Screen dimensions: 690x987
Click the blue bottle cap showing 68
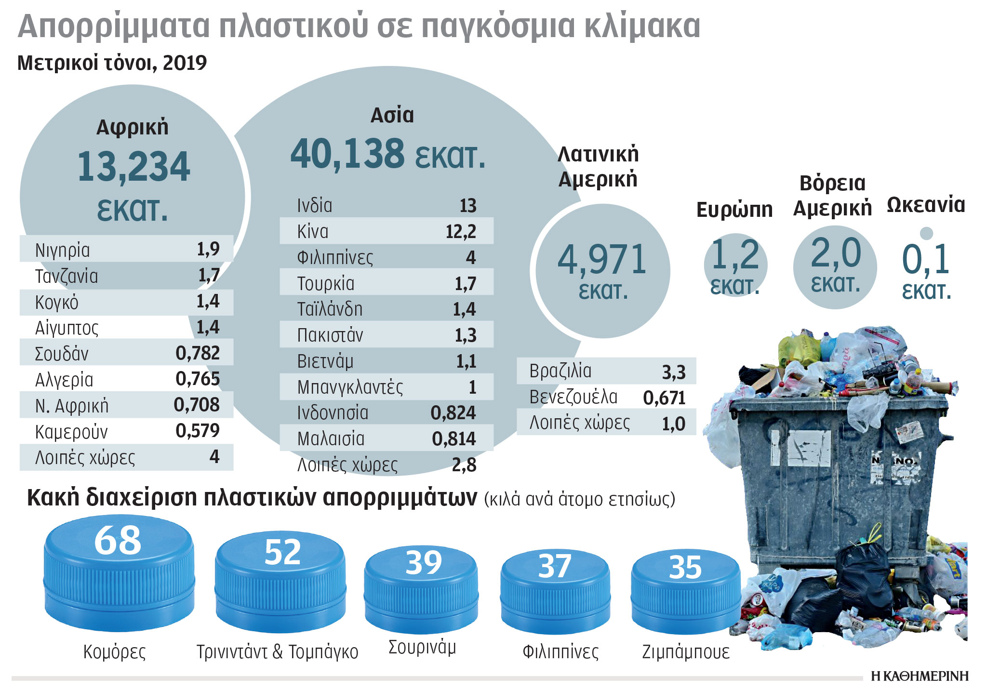pyautogui.click(x=119, y=573)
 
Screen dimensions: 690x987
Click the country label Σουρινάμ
pyautogui.click(x=422, y=647)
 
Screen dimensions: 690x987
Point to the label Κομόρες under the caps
pyautogui.click(x=114, y=651)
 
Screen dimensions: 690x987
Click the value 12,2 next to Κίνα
pyautogui.click(x=460, y=232)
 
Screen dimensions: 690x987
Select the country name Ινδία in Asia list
pyautogui.click(x=314, y=206)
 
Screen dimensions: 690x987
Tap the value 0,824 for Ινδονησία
pyautogui.click(x=453, y=413)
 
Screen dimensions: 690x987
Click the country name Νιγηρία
pyautogui.click(x=62, y=250)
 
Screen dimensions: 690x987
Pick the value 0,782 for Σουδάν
pyautogui.click(x=198, y=353)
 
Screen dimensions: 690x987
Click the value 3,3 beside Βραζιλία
pyautogui.click(x=673, y=372)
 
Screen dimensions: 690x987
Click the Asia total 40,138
pyautogui.click(x=347, y=154)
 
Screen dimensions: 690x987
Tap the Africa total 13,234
pyautogui.click(x=133, y=167)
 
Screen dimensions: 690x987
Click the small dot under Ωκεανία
pyautogui.click(x=926, y=233)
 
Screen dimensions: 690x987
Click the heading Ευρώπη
pyautogui.click(x=734, y=210)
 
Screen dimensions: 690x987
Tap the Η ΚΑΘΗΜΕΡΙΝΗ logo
pyautogui.click(x=919, y=676)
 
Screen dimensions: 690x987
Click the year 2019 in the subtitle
pyautogui.click(x=185, y=63)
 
